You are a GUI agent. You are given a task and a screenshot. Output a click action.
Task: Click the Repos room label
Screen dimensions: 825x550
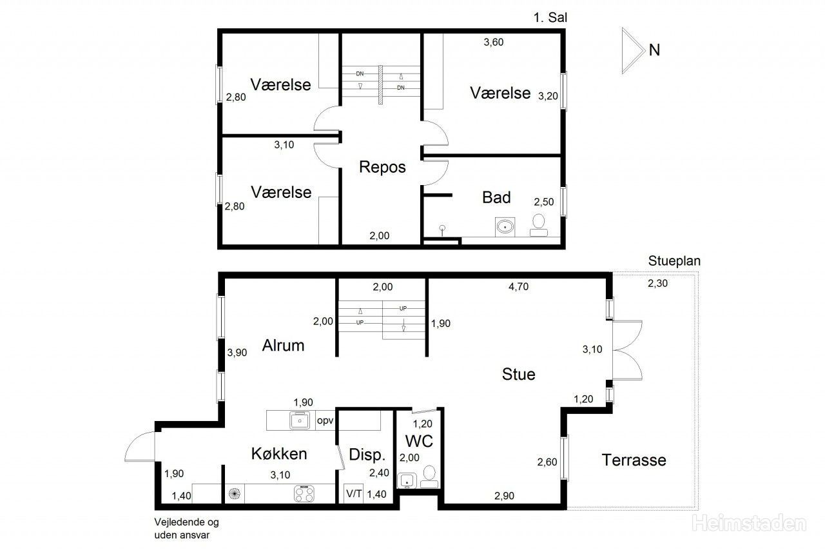[x=382, y=167]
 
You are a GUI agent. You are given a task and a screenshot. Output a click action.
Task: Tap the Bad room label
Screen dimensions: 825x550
[x=496, y=197]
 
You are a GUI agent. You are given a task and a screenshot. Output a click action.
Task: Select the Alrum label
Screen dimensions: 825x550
[x=283, y=346]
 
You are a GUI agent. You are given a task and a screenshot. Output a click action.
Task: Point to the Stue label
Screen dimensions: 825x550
[x=518, y=374]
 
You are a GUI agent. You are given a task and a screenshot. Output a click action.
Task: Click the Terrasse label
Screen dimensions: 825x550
[x=634, y=460]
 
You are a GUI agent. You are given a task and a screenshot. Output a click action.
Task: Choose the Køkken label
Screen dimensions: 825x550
[x=279, y=453]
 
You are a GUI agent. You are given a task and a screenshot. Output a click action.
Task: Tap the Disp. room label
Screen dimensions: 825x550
[x=367, y=455]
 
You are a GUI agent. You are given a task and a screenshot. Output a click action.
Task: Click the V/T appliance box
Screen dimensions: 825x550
[x=354, y=494]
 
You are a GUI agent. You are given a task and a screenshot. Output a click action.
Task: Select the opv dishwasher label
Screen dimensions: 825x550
[x=325, y=420]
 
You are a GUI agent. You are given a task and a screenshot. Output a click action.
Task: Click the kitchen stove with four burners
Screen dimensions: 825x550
[x=304, y=494]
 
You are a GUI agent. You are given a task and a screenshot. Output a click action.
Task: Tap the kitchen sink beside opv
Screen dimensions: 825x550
[x=300, y=420]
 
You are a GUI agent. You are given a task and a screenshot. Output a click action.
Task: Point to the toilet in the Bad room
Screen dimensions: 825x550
[x=538, y=225]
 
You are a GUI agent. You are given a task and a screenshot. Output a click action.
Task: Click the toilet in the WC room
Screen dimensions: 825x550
[x=429, y=476]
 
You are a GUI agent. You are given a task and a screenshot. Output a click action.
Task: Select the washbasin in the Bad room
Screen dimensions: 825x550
[x=505, y=226]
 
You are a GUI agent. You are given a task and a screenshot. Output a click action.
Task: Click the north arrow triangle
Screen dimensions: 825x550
[x=633, y=50]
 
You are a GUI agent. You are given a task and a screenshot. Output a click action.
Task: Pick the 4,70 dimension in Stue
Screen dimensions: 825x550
[x=518, y=286]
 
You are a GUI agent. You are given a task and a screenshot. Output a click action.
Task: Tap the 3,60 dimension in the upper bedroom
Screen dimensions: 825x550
[x=494, y=43]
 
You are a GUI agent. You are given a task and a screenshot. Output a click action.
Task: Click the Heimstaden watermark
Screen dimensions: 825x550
[x=749, y=523]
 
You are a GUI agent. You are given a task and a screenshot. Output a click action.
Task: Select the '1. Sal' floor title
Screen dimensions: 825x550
[x=550, y=17]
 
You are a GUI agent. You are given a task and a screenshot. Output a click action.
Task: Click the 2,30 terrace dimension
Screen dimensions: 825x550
[x=657, y=283]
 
